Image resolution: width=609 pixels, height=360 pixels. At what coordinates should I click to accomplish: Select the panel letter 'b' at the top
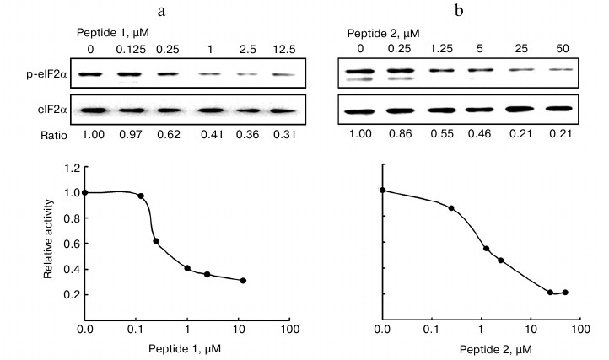(459, 12)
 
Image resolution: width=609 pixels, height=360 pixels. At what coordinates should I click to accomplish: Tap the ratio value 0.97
(127, 135)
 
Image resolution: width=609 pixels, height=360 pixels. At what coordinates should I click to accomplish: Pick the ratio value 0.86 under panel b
(400, 135)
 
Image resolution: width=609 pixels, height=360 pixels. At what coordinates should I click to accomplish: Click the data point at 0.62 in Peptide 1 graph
(156, 241)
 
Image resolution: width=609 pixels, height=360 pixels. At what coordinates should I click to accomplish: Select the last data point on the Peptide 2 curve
(565, 293)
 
